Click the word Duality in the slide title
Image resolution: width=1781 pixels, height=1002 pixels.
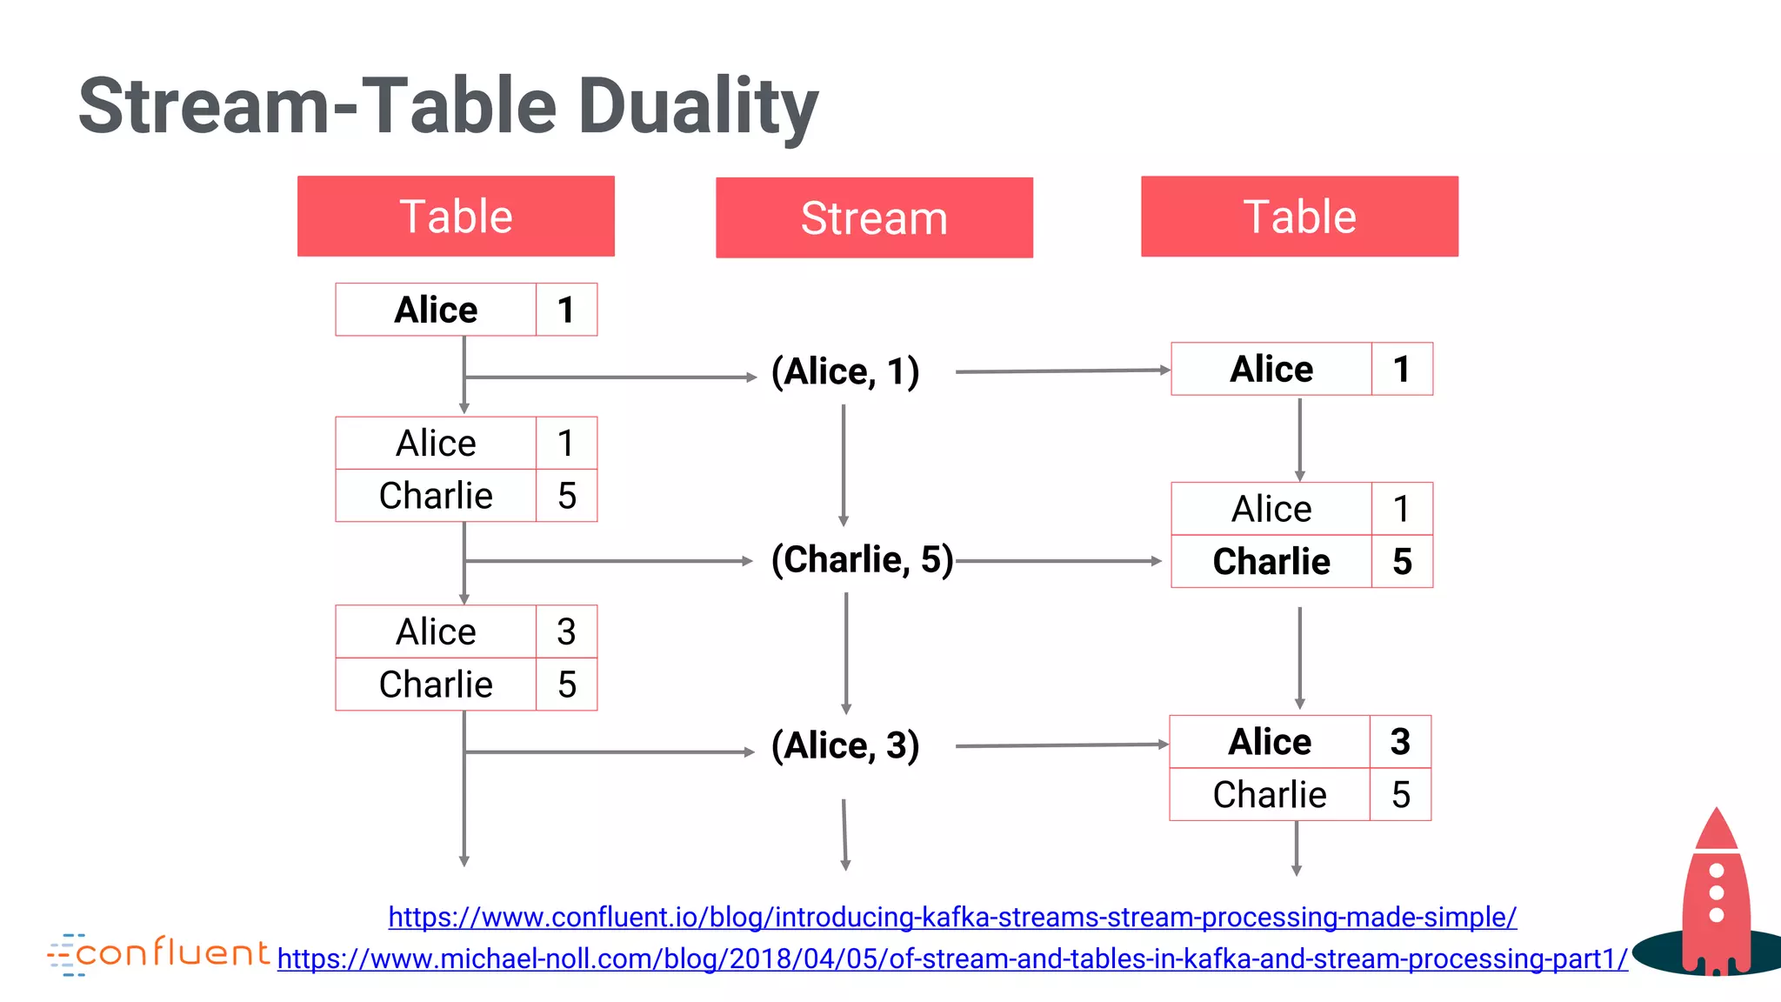697,106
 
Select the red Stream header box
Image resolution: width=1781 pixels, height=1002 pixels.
874,217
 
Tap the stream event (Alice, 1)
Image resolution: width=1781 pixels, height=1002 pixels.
845,371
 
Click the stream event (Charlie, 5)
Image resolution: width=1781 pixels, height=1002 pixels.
862,559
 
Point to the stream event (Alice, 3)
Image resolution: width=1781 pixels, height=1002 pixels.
845,745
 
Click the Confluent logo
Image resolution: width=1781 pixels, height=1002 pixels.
160,954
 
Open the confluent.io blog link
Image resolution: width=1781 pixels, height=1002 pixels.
952,917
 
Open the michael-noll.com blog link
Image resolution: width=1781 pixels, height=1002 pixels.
952,959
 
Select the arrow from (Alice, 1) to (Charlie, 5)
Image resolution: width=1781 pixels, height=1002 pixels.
844,465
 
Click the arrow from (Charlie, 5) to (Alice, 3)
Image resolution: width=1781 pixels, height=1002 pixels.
846,652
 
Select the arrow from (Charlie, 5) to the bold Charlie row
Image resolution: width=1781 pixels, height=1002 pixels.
1057,561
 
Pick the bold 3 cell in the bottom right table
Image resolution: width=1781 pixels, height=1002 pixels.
1400,742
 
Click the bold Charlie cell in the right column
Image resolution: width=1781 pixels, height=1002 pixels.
1271,562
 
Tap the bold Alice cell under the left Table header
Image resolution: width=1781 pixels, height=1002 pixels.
436,310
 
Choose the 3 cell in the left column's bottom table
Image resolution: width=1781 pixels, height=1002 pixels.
566,631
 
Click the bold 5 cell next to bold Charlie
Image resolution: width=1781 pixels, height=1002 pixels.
1402,562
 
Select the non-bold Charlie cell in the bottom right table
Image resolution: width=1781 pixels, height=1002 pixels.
1270,795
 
